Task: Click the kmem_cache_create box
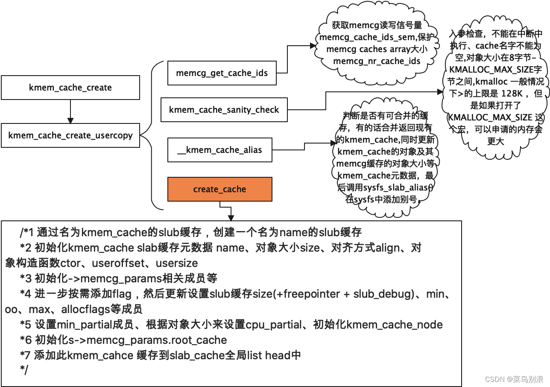click(x=70, y=88)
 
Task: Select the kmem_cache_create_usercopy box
click(x=70, y=136)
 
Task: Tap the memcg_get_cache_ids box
click(x=222, y=73)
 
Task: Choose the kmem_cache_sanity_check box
click(x=224, y=110)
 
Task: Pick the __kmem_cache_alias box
click(x=219, y=150)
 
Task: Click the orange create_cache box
click(x=219, y=189)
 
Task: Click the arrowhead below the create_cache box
click(x=231, y=217)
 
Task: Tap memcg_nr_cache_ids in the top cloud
click(x=377, y=61)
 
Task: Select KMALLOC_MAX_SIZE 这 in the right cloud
click(x=495, y=117)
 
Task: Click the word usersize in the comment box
click(x=177, y=263)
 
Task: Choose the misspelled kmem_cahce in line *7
click(x=100, y=355)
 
